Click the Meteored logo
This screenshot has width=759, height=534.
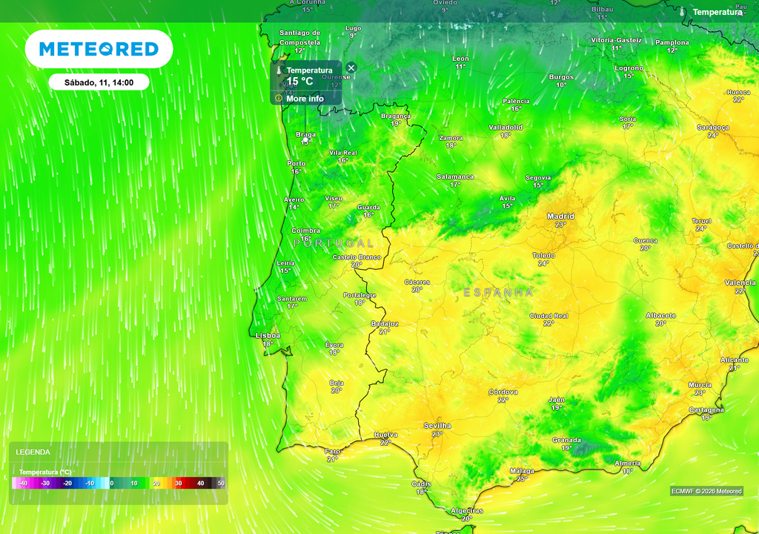(x=99, y=49)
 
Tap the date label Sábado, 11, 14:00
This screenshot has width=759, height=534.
(x=99, y=82)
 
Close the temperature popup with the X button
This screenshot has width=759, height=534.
(x=351, y=68)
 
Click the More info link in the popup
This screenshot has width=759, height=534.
(x=305, y=99)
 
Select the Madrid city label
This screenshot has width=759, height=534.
(x=560, y=217)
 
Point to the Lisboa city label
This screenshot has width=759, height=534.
(x=268, y=335)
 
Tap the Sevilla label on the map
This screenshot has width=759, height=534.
(x=437, y=426)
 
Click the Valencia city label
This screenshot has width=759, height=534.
(x=740, y=283)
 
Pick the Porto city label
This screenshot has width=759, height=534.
(x=296, y=164)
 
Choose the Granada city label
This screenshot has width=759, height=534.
(x=566, y=440)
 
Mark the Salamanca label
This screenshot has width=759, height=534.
(x=455, y=177)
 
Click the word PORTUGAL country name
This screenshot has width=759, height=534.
(x=334, y=243)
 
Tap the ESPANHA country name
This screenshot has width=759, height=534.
(x=498, y=293)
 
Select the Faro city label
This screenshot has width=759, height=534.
(x=333, y=451)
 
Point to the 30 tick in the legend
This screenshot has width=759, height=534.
(x=178, y=483)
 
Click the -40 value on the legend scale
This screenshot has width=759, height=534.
(x=24, y=483)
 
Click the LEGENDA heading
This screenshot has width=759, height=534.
(x=33, y=452)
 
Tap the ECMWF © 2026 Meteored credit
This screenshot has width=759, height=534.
(x=706, y=491)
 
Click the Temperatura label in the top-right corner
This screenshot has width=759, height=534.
(x=717, y=12)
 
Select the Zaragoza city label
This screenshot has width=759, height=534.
(x=712, y=127)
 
